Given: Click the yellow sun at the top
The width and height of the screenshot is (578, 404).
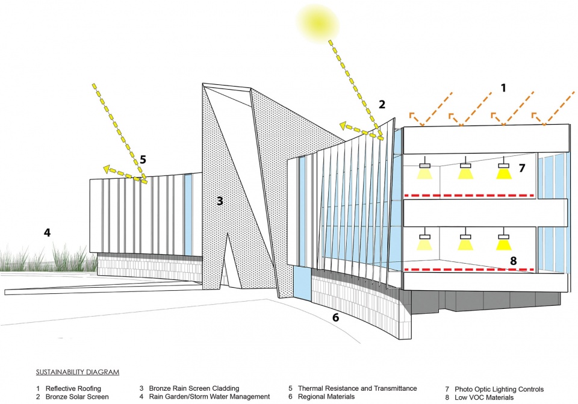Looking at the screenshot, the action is (317, 22).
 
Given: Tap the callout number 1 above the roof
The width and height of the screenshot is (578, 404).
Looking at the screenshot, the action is (503, 88).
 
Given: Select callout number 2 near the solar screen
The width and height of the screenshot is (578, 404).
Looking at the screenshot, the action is (382, 105).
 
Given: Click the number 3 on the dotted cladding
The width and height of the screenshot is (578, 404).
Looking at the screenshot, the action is (220, 201).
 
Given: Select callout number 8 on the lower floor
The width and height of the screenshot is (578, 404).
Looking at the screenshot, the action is (513, 261).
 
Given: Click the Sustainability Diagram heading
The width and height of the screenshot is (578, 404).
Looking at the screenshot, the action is (78, 372).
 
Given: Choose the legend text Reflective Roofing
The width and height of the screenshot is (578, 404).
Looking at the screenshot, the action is (73, 388).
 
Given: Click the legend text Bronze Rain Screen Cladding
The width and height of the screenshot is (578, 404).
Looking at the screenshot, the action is (194, 388).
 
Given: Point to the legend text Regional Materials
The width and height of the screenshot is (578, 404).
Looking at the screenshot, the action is (326, 397).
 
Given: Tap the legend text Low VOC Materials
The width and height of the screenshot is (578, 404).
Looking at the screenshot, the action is (484, 397).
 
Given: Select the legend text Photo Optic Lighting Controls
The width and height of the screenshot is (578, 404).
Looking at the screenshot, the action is (499, 390).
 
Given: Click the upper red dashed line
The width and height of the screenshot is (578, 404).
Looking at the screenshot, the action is (469, 195).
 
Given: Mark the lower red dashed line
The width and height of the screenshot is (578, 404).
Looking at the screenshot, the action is (469, 270).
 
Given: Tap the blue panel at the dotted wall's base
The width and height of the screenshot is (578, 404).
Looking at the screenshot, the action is (303, 283).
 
